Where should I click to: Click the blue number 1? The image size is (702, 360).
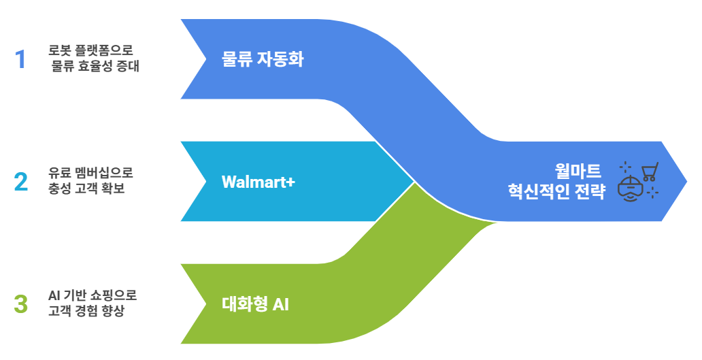(20, 59)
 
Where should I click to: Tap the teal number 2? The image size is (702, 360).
(20, 182)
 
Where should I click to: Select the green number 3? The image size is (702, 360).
(20, 304)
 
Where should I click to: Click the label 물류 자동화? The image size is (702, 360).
(262, 59)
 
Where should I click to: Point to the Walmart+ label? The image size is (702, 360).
(258, 182)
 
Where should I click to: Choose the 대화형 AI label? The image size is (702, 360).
(255, 304)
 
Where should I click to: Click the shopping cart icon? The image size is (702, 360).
(650, 171)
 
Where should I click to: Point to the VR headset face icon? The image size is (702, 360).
(631, 189)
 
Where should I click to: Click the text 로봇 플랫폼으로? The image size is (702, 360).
(90, 51)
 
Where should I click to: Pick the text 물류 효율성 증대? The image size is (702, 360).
(95, 67)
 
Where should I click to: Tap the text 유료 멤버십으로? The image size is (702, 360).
(86, 174)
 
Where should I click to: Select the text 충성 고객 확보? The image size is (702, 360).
(86, 189)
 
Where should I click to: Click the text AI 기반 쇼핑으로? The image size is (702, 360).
(93, 295)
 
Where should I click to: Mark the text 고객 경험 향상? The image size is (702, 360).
(86, 311)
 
